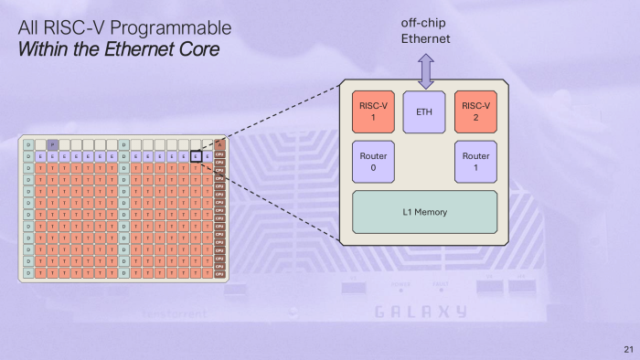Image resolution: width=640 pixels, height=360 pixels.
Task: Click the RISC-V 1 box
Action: pos(374,111)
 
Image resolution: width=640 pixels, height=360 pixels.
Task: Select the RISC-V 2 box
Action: pos(475,111)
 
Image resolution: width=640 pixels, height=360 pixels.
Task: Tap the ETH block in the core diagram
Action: pos(424,111)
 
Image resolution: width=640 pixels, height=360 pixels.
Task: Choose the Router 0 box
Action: pos(374,162)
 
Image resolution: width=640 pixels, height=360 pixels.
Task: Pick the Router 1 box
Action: pos(475,162)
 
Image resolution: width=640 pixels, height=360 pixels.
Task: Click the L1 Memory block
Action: pos(424,212)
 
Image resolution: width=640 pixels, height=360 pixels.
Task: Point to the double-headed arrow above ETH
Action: pos(424,69)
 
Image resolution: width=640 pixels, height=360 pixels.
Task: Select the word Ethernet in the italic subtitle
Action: pos(145,49)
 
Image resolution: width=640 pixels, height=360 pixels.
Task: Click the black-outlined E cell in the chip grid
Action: pos(196,156)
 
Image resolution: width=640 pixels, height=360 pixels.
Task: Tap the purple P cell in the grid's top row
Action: pos(53,144)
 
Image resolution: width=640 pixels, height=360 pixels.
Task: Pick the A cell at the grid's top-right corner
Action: pos(219,144)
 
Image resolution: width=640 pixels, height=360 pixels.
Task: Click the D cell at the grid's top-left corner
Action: pos(29,144)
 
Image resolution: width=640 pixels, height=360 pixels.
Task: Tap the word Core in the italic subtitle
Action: pos(199,49)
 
